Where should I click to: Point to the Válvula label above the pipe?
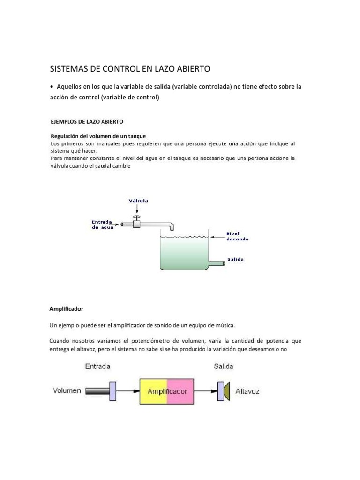click(x=139, y=200)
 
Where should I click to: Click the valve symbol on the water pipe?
click(x=137, y=223)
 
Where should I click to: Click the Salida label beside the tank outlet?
click(x=235, y=259)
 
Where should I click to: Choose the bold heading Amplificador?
click(x=66, y=309)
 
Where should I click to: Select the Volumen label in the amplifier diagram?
click(x=67, y=390)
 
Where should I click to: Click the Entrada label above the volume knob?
click(x=98, y=366)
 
